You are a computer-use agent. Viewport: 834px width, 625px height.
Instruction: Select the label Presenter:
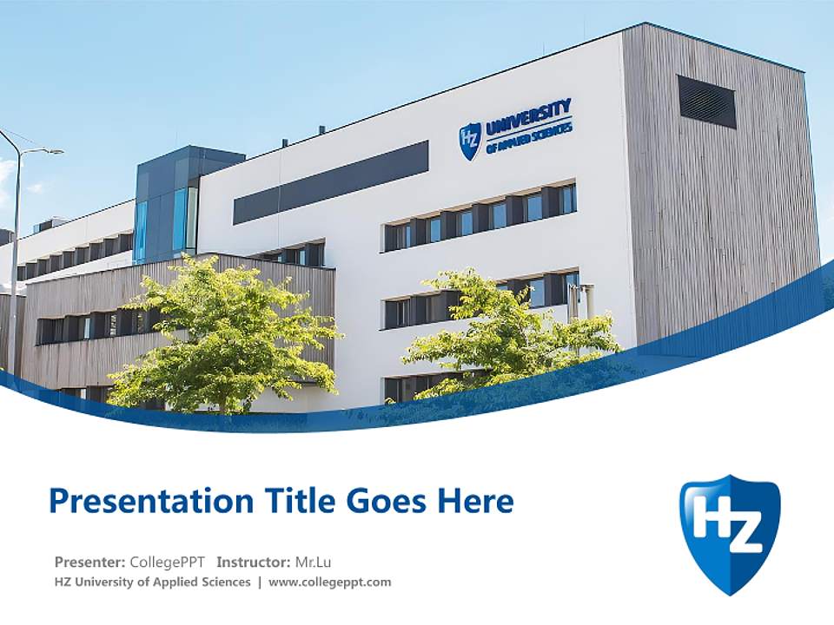(x=89, y=562)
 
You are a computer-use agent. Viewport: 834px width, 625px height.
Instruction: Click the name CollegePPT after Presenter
(x=169, y=562)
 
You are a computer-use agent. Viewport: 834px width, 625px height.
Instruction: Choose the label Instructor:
(x=253, y=562)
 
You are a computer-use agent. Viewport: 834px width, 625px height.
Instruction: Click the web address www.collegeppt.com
(x=330, y=582)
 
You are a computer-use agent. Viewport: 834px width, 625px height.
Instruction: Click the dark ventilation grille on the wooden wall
(x=706, y=102)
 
